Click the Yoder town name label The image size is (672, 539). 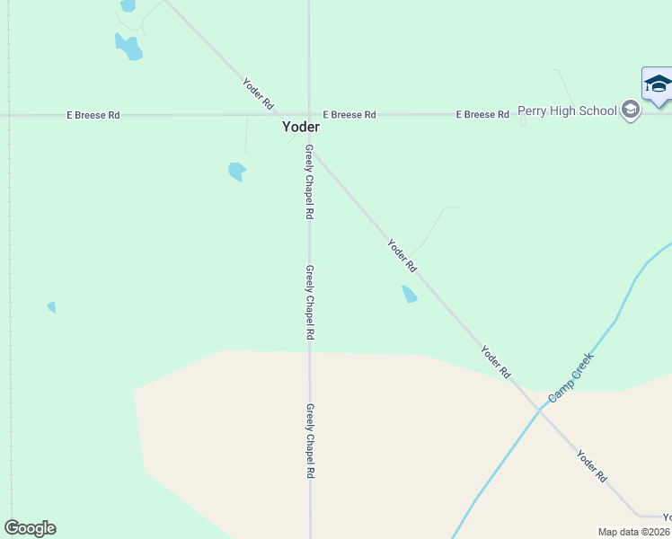point(301,128)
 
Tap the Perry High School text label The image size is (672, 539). point(568,110)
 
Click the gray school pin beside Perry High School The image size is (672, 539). point(631,111)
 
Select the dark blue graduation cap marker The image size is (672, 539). point(658,84)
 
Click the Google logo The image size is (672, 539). point(30,528)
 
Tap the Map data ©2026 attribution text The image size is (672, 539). point(634,532)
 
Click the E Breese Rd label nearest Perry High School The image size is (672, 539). point(482,115)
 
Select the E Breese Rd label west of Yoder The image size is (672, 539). point(93,116)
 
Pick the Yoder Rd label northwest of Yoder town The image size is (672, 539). point(258,93)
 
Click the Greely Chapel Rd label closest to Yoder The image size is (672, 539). point(309,182)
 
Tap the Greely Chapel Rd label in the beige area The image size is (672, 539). point(310,440)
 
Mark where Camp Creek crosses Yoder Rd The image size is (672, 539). point(540,410)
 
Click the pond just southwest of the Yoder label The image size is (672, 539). point(237,171)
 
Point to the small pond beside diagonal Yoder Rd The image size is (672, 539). point(409,294)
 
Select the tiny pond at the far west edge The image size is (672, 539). point(51,307)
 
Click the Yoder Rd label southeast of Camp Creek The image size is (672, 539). point(592,467)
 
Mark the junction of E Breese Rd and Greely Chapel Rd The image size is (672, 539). point(309,115)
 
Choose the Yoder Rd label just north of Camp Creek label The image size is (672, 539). point(495,361)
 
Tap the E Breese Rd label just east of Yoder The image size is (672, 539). point(349,115)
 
